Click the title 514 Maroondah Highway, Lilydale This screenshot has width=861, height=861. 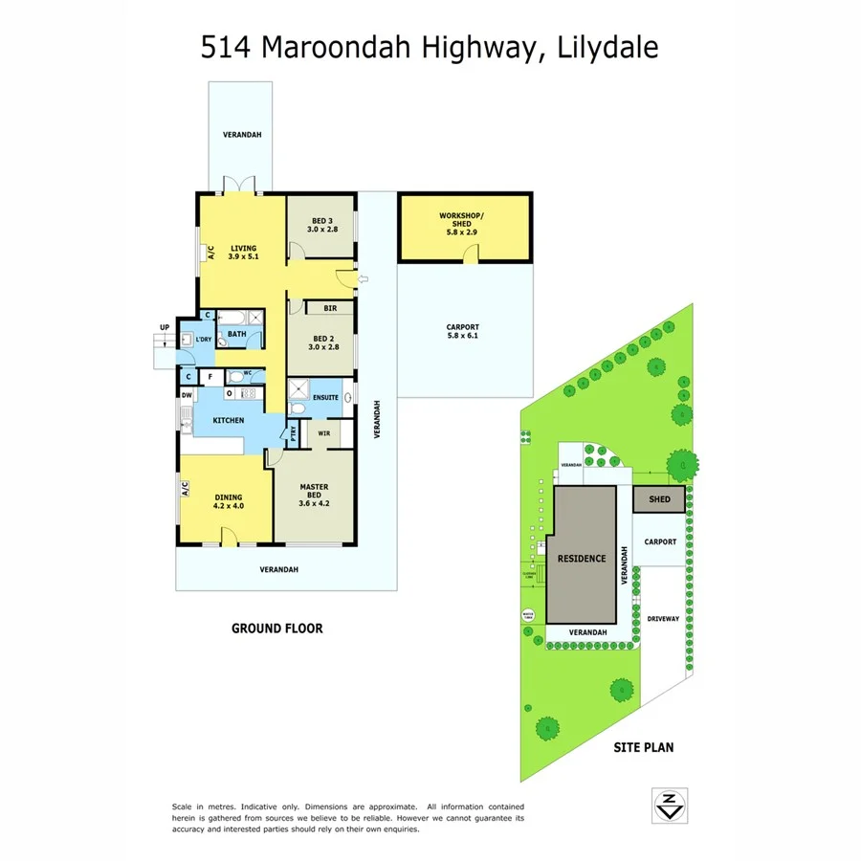tap(430, 47)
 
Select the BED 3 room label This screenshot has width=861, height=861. tap(322, 225)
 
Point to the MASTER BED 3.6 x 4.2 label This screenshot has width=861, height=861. tap(314, 495)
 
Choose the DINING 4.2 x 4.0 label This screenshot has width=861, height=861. tap(228, 500)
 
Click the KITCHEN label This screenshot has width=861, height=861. tap(228, 420)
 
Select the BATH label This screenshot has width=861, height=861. tap(236, 334)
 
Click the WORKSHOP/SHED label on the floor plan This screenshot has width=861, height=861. tap(462, 223)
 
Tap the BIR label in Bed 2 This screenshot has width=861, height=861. tap(330, 309)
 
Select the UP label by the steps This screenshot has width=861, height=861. tap(165, 327)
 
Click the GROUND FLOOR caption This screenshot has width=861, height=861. tap(276, 629)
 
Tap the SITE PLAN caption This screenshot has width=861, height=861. tap(643, 747)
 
